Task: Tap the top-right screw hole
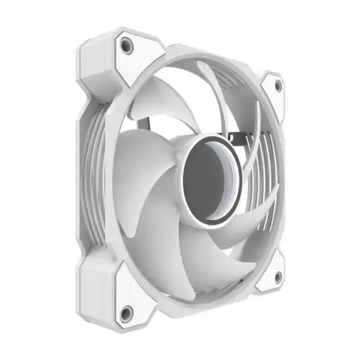coord(278,86)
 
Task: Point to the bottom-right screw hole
coord(277,278)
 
